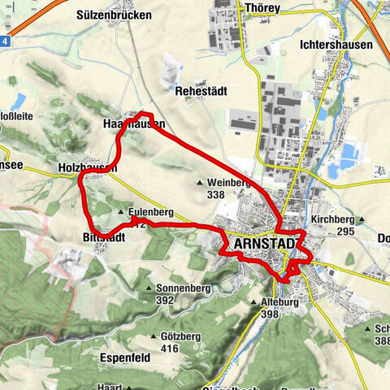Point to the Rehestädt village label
click(202, 92)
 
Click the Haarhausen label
click(134, 124)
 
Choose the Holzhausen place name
click(88, 167)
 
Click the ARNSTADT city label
click(266, 243)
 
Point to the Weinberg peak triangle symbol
click(200, 183)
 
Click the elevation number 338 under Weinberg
click(216, 195)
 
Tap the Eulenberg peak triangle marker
click(121, 212)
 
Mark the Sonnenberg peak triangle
click(149, 288)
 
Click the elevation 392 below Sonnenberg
click(166, 300)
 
